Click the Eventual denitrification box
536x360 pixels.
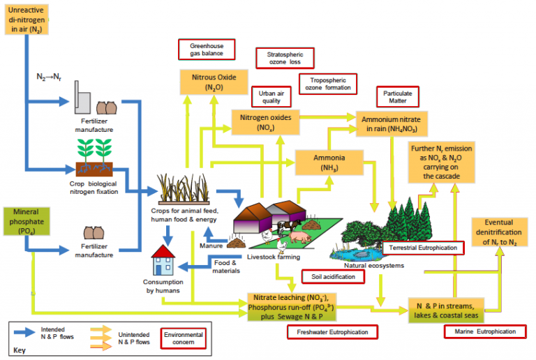point(499,232)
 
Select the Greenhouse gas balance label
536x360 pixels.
point(207,50)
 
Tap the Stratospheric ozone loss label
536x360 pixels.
point(285,58)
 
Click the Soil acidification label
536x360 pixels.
point(333,276)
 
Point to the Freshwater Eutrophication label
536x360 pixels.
point(332,332)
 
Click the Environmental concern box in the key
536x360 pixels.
point(183,339)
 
